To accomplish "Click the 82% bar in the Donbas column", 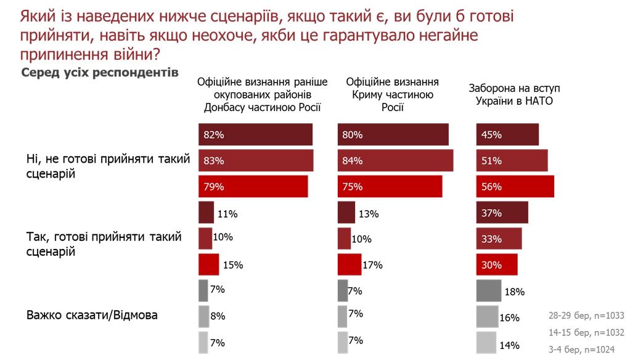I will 255,134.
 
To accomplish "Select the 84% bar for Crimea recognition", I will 395,161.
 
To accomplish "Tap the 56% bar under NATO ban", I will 515,187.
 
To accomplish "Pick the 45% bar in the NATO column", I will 508,134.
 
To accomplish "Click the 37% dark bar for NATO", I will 502,213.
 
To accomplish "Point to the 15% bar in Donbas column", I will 208,264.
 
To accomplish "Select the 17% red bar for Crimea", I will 350,264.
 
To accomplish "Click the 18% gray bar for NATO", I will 489,290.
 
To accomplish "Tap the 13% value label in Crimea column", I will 369,214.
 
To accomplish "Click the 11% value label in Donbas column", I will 227,214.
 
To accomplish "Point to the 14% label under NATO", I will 510,345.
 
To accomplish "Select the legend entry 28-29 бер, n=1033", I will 586,316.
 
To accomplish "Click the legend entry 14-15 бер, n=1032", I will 586,332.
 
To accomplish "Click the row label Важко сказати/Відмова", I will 92,315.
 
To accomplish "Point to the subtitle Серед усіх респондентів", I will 100,73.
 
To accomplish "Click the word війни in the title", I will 133,54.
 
